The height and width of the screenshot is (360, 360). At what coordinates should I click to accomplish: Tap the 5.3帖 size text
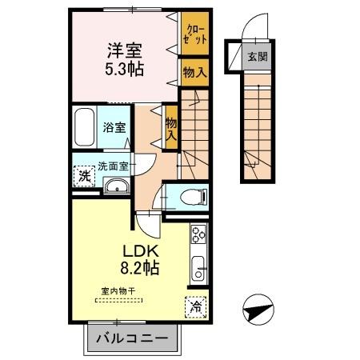pos(124,69)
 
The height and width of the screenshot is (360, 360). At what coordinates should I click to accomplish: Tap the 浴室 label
pos(114,127)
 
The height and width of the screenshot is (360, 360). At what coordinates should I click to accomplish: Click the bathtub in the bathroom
pos(85,126)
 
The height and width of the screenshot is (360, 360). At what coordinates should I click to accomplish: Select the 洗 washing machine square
pos(84,177)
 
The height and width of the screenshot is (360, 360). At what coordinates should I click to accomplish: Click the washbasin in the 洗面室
pos(116,187)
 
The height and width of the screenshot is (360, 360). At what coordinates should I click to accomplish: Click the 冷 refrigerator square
pos(196,306)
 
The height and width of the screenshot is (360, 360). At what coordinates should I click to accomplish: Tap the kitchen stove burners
pos(198,235)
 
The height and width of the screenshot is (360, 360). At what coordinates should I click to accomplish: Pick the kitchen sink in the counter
pos(198,267)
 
